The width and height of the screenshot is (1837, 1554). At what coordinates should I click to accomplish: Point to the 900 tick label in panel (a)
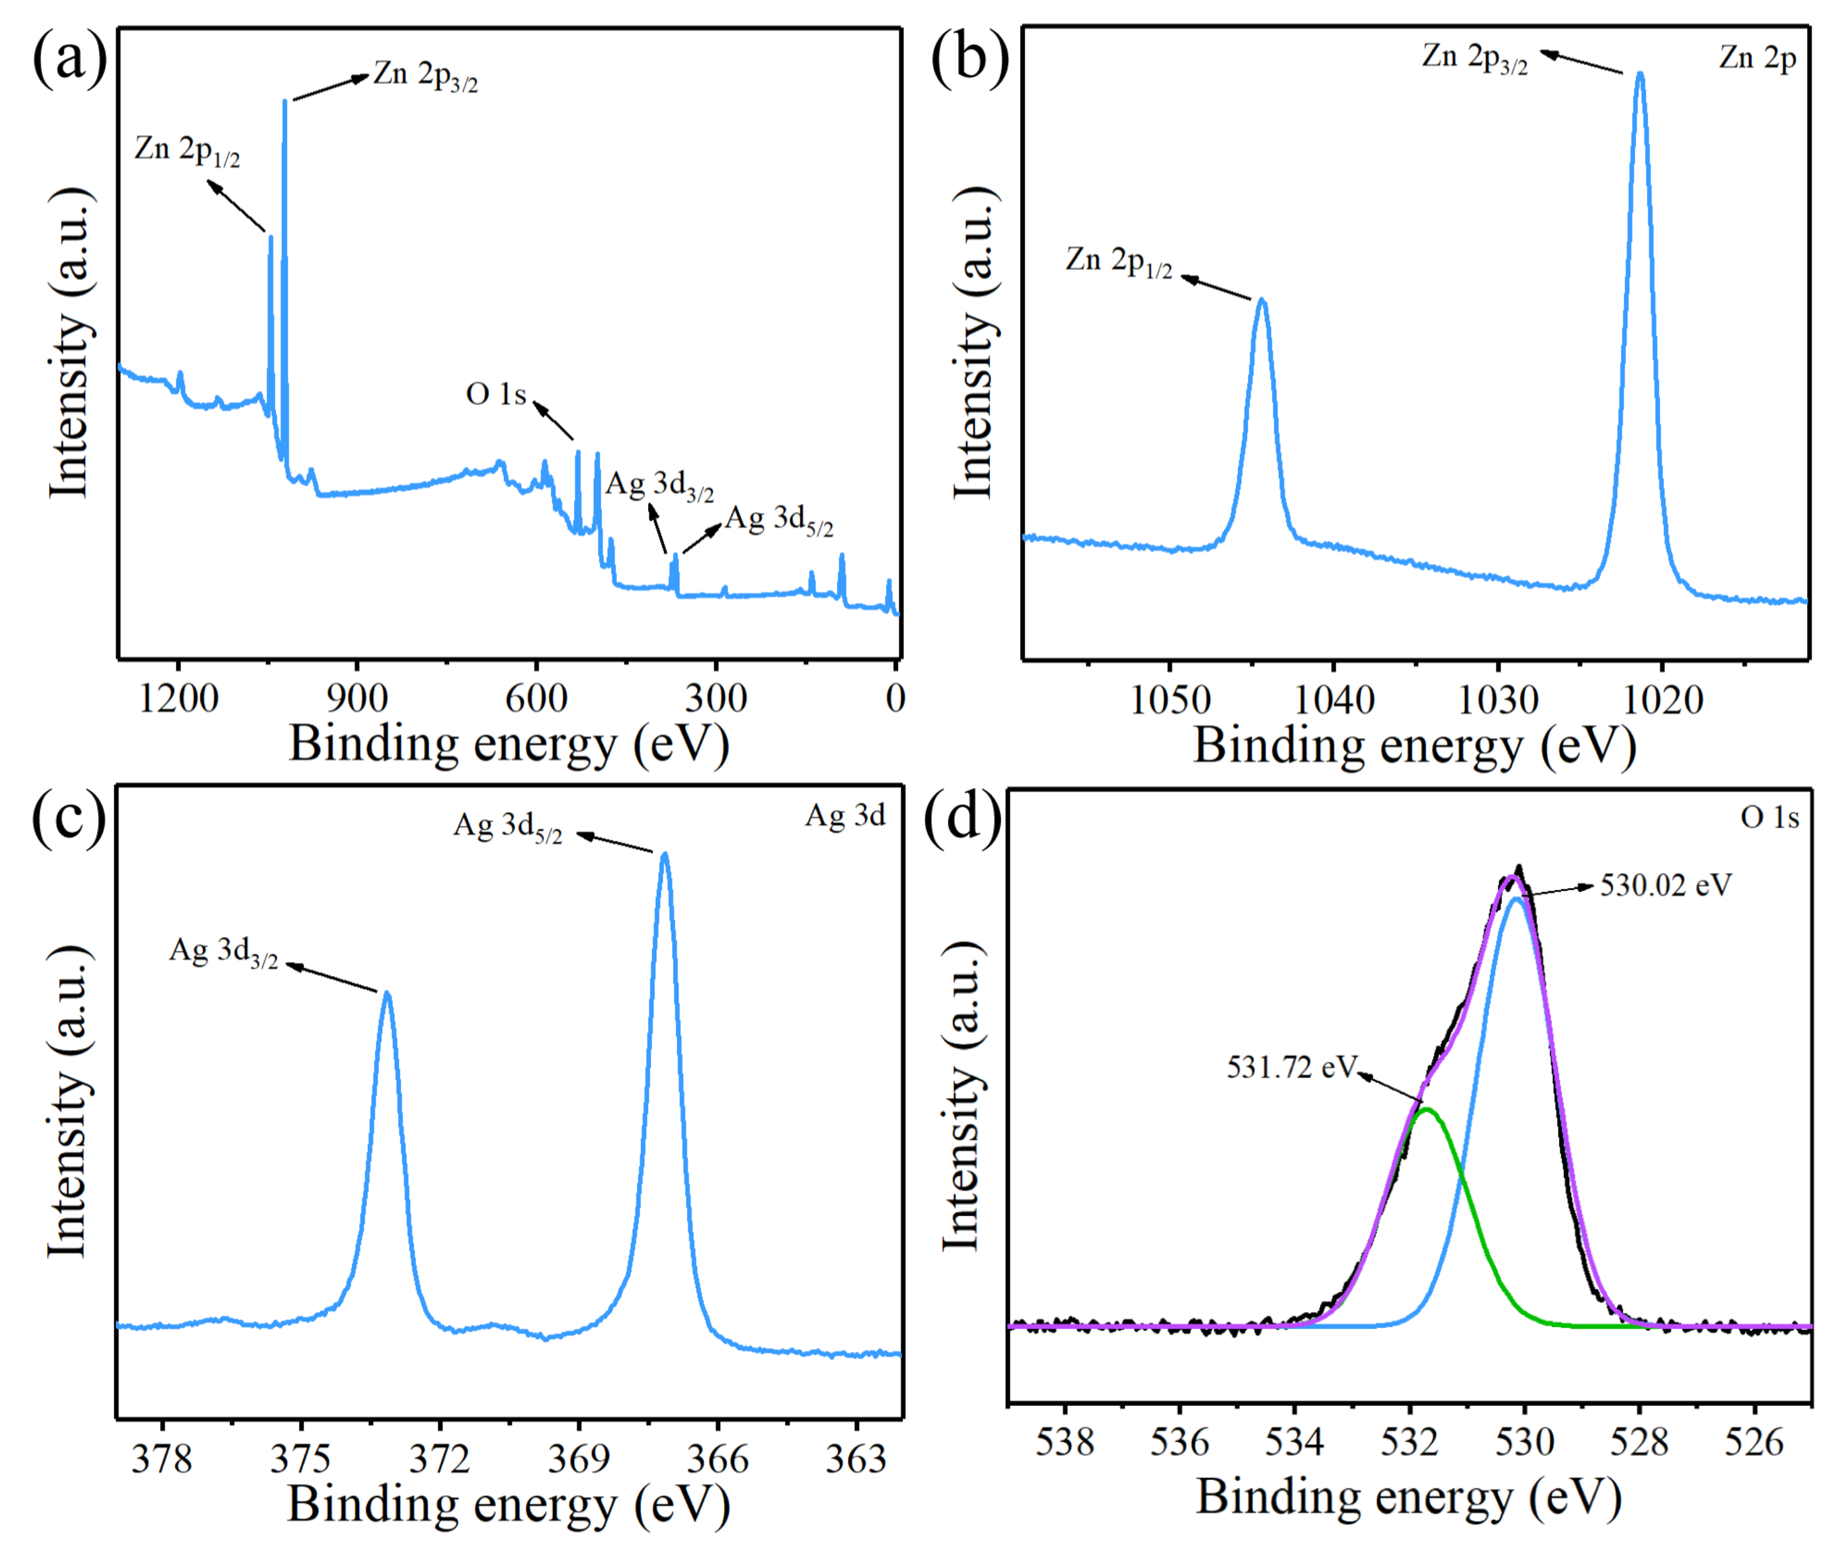[x=357, y=699]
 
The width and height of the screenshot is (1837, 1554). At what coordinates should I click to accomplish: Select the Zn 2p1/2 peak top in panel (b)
[x=1262, y=301]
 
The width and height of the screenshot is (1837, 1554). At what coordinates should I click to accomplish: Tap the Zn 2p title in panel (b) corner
[x=1757, y=58]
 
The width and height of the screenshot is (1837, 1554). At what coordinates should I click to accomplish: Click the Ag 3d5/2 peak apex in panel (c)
[x=665, y=855]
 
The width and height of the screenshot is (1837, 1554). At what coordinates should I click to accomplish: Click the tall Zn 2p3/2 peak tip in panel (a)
[x=284, y=101]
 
